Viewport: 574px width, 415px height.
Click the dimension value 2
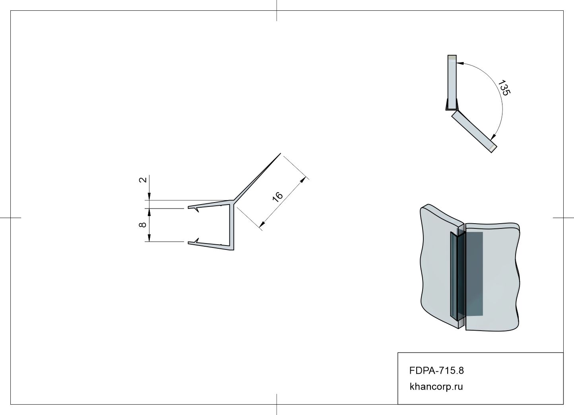pos(143,180)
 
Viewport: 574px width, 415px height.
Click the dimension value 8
pos(143,225)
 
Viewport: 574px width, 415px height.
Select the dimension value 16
pos(277,197)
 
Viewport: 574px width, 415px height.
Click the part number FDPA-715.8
pos(436,370)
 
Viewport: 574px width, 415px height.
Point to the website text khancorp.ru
pos(436,386)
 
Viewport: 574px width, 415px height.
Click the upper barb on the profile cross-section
pos(196,210)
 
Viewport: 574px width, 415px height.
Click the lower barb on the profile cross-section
pos(196,241)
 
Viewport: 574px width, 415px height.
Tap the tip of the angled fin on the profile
pos(281,153)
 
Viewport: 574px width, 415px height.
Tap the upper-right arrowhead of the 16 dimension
pos(303,180)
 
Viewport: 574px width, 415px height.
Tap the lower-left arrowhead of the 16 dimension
pos(262,224)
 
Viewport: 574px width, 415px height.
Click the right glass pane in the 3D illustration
pos(493,277)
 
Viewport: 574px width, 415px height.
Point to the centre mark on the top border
pos(277,10)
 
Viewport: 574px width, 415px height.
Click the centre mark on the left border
pos(10,218)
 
